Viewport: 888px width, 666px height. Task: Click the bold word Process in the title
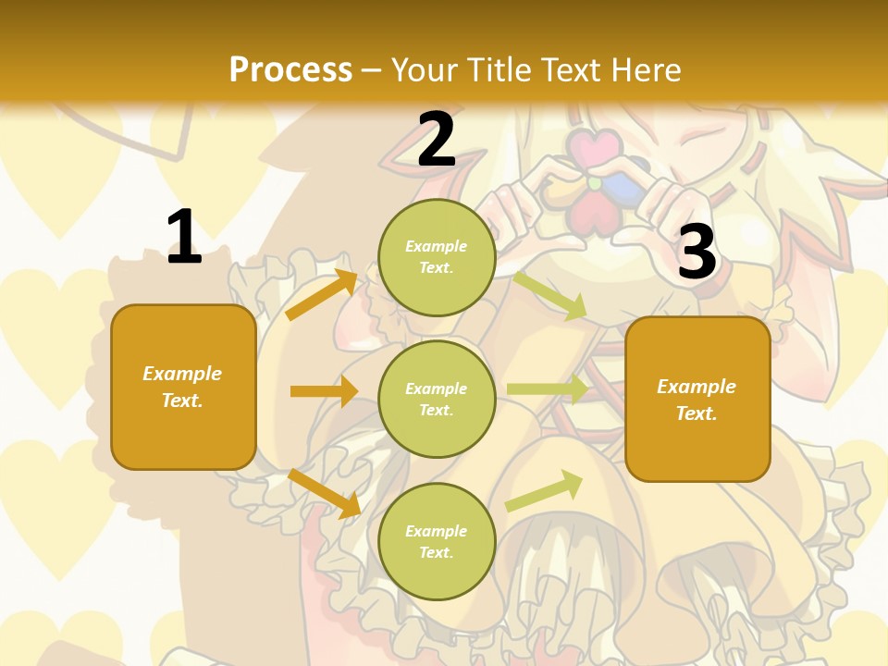[290, 70]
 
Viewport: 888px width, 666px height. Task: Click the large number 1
[183, 238]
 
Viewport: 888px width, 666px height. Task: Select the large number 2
[437, 140]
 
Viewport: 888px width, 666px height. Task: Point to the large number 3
[697, 253]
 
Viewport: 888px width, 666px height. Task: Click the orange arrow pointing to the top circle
[322, 294]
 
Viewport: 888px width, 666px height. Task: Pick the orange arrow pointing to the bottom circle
[324, 493]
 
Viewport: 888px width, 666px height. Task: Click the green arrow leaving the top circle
[549, 295]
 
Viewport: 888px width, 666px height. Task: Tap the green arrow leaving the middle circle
[547, 389]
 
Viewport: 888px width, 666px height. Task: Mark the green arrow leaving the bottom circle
[544, 490]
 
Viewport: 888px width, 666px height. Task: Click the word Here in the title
[645, 70]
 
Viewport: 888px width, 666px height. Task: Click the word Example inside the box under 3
[697, 387]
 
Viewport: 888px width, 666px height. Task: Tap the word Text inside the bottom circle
[436, 552]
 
